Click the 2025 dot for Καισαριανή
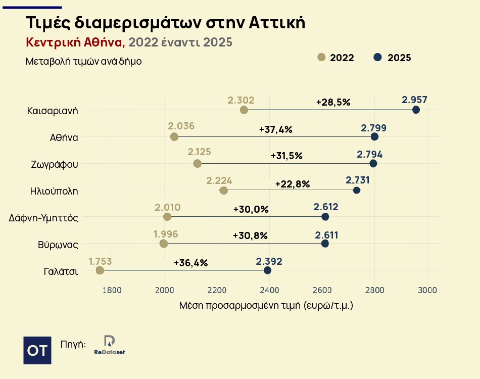416,110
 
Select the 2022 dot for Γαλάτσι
100,270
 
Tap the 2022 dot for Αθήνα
174,136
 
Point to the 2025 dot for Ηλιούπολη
357,190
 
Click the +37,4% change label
275,129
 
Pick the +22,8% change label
292,184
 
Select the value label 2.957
415,100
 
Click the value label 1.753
100,261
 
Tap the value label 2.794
370,154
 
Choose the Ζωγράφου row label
54,164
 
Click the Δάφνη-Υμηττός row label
43,218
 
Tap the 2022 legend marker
321,57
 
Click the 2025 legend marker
377,57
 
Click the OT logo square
37,350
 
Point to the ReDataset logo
110,345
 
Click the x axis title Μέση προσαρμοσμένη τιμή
266,306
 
